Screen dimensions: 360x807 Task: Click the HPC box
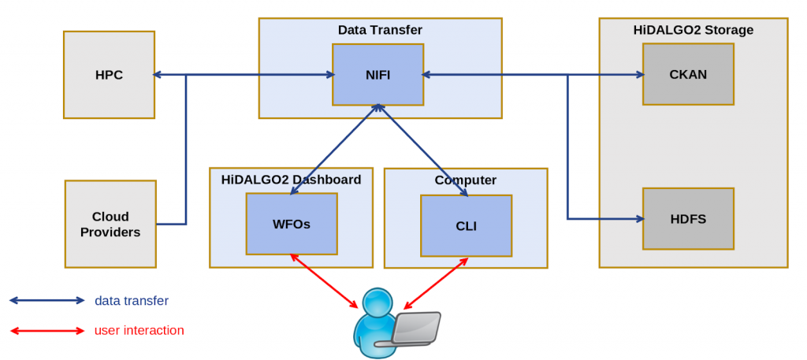(x=109, y=75)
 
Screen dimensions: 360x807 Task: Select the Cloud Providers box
(x=110, y=224)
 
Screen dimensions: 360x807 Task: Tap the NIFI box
(x=377, y=75)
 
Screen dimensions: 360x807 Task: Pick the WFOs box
(x=292, y=224)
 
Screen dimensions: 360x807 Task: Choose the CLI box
(x=466, y=226)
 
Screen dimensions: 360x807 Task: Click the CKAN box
(x=688, y=74)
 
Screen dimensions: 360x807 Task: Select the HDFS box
(x=688, y=219)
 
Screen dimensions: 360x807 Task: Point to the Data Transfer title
(x=380, y=30)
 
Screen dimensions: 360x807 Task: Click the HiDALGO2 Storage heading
(x=693, y=30)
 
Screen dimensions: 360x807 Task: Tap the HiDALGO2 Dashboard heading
(x=291, y=179)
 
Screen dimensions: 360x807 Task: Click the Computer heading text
(x=465, y=180)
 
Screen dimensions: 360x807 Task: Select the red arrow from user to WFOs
(x=325, y=281)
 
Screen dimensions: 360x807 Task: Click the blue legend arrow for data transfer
(x=46, y=300)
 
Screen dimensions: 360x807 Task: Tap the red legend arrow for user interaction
(x=46, y=330)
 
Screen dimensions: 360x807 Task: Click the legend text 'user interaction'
(x=139, y=330)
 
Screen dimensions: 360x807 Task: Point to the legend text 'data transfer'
(x=131, y=300)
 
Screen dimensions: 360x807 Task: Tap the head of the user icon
(x=377, y=302)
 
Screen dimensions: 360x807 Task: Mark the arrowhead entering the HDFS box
(x=639, y=218)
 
